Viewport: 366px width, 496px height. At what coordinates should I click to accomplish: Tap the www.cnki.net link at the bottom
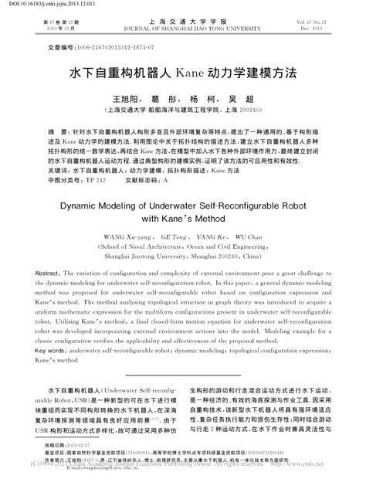(331, 488)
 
